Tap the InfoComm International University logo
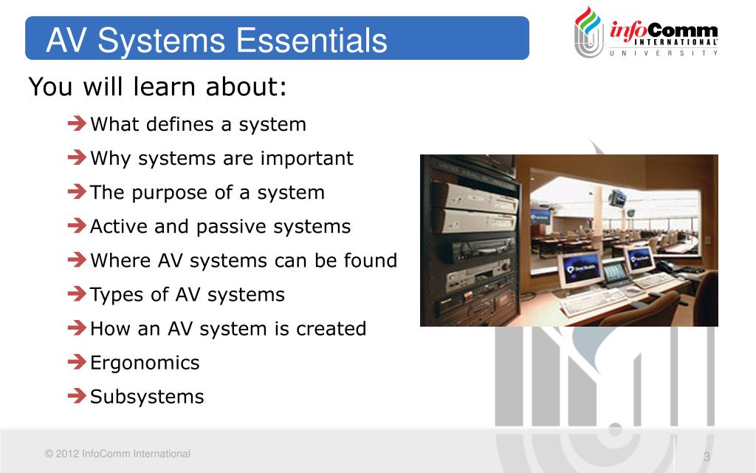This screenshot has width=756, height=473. [646, 33]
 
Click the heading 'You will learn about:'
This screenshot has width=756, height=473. [157, 87]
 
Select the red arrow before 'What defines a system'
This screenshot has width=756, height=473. [77, 123]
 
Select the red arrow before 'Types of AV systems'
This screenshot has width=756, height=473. [77, 294]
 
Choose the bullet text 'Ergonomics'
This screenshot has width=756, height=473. [145, 363]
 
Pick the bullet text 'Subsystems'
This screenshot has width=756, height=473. [147, 397]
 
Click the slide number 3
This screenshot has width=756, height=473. [706, 457]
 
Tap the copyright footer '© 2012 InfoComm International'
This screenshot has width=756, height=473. [117, 454]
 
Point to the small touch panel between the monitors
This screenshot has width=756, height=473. [614, 273]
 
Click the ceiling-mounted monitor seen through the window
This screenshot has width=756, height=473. [617, 197]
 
